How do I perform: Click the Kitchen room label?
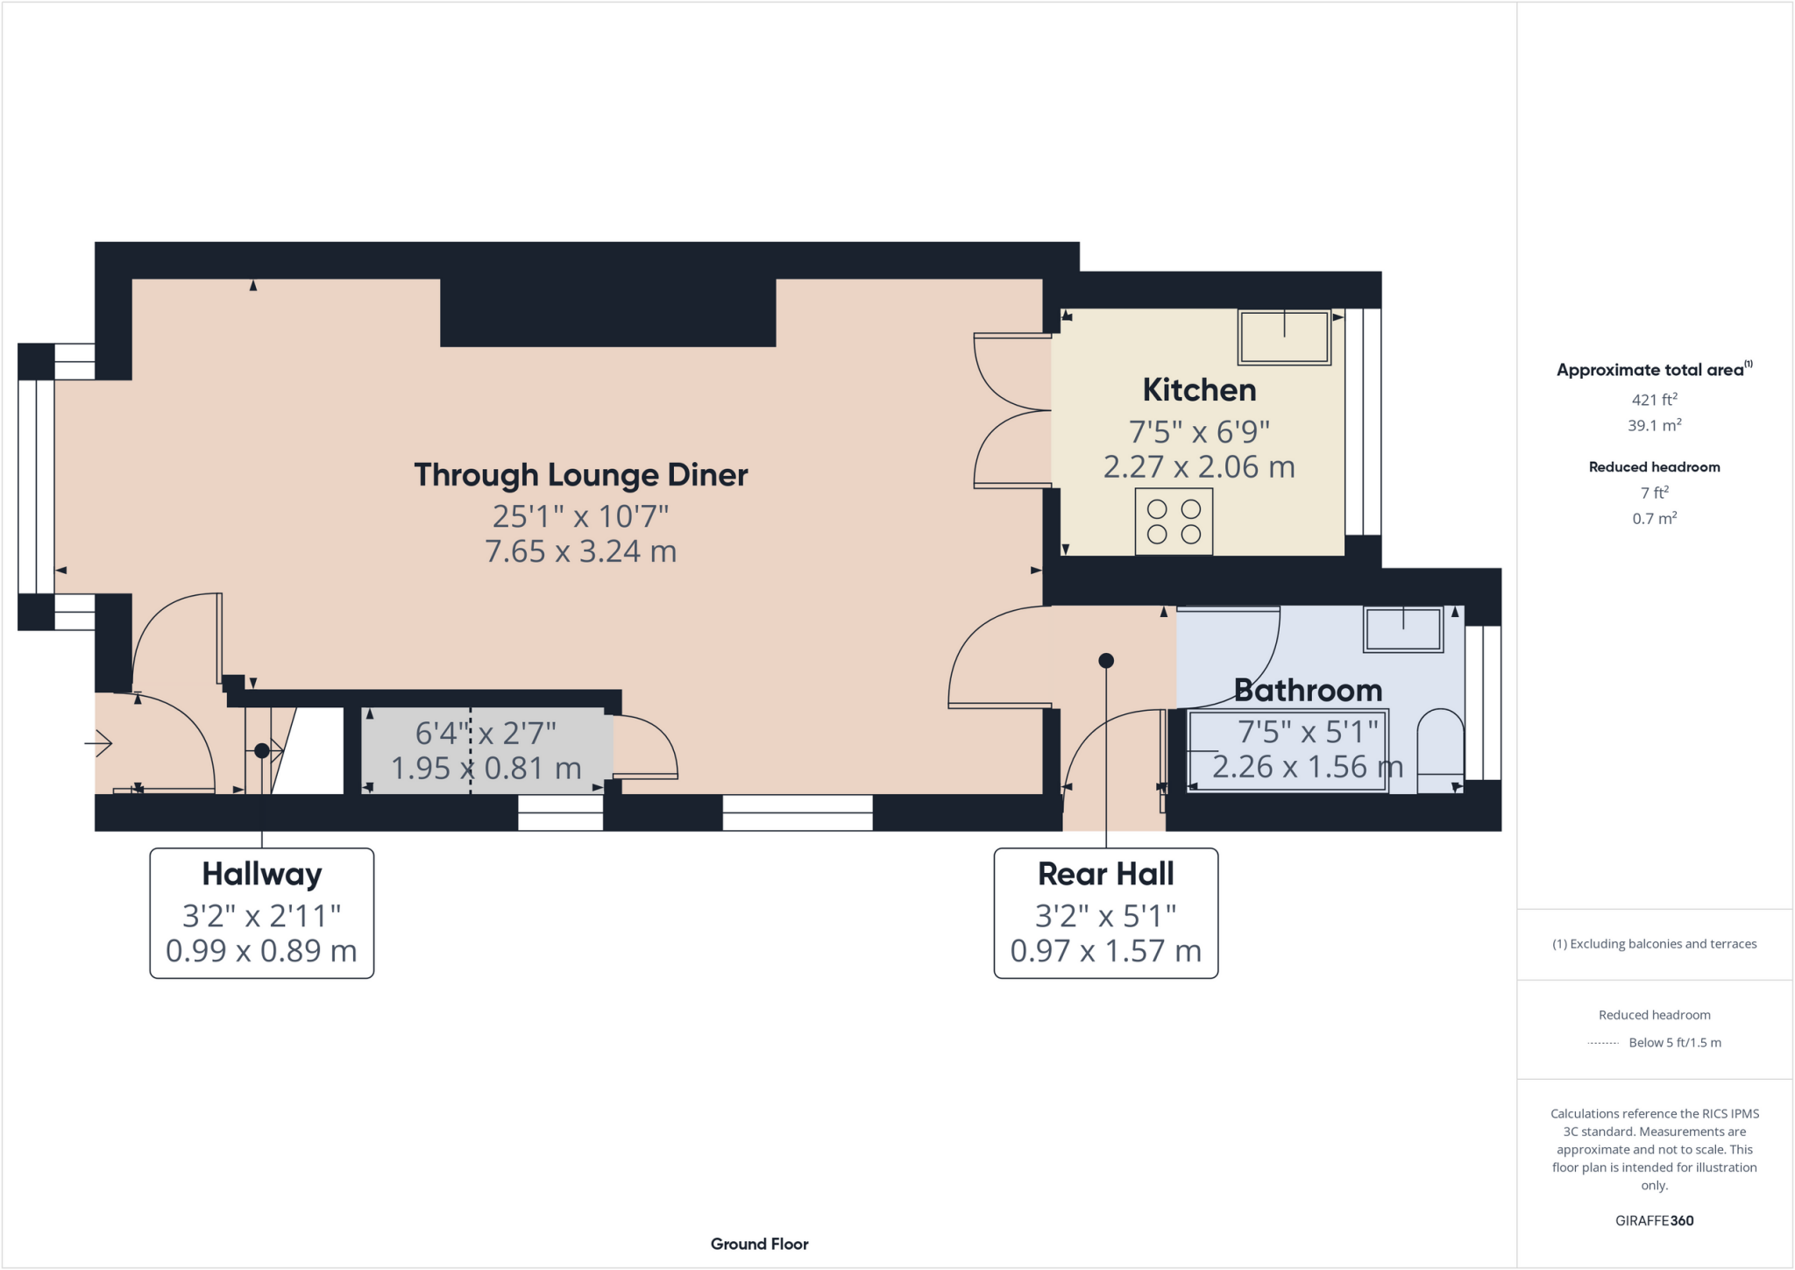click(1198, 390)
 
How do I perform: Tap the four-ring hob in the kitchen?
click(1174, 521)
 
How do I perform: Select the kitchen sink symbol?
click(1284, 337)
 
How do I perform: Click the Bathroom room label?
click(1308, 691)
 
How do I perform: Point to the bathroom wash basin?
click(1402, 629)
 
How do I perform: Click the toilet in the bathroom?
click(1439, 751)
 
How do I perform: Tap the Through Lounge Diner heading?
click(580, 475)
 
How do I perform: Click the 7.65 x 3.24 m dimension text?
click(580, 551)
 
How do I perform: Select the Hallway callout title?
click(262, 874)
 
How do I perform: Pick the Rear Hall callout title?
click(1105, 874)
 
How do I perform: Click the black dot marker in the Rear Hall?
click(1106, 661)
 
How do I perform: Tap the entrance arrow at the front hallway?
click(99, 744)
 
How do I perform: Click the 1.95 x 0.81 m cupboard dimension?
click(486, 769)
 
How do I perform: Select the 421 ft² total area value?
click(1654, 400)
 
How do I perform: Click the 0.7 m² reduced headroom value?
click(1654, 518)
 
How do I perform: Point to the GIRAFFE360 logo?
click(1654, 1220)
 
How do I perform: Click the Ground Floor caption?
click(759, 1244)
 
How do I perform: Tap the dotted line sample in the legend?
click(1602, 1043)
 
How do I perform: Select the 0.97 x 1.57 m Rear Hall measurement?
click(1105, 951)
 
